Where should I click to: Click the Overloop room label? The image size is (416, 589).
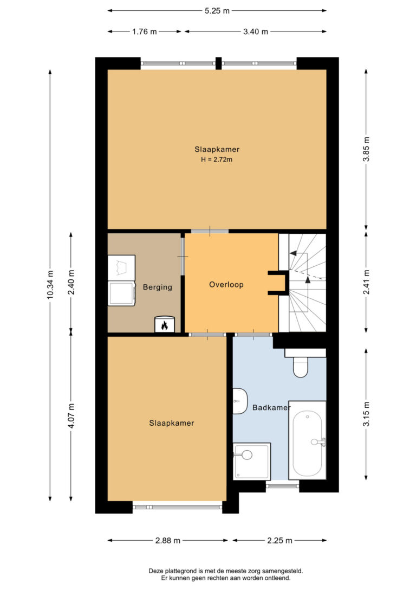[226, 285]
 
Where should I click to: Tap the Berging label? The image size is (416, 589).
[158, 287]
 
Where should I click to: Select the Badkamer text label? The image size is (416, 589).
[271, 407]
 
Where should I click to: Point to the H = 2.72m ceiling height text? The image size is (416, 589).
[217, 159]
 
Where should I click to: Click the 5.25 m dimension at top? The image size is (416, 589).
[217, 11]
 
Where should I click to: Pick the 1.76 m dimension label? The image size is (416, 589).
[145, 32]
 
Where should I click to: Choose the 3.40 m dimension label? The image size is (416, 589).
[256, 32]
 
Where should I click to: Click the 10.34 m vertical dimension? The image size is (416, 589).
[50, 285]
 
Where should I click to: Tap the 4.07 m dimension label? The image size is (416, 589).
[71, 415]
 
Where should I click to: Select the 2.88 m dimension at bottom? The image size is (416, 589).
[168, 541]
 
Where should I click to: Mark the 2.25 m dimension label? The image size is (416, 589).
[279, 541]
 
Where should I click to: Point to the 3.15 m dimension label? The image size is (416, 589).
[367, 414]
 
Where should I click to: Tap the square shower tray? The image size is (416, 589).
[251, 462]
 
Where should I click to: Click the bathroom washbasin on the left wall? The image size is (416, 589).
[239, 401]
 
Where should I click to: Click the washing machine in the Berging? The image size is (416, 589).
[121, 293]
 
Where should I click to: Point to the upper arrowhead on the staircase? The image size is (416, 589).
[293, 253]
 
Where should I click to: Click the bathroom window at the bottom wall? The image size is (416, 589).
[282, 486]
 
